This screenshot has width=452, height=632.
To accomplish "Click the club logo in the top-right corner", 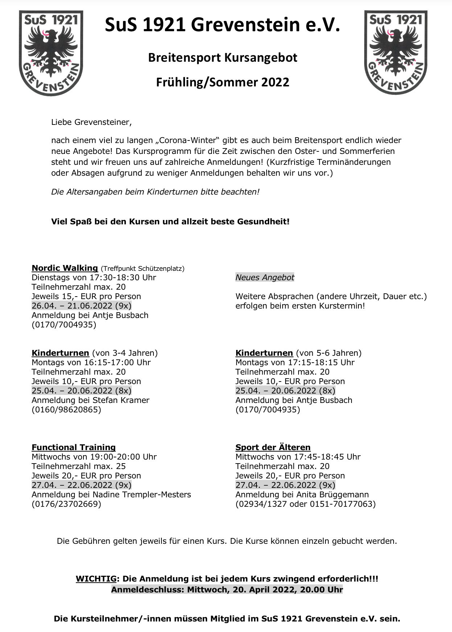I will [x=396, y=53].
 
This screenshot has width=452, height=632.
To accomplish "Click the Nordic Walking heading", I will [x=65, y=268].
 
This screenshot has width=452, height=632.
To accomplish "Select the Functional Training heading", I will [x=74, y=447].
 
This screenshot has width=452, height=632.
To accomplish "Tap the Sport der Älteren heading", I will [x=273, y=447].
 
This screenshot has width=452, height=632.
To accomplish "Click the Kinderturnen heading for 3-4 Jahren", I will [x=60, y=353].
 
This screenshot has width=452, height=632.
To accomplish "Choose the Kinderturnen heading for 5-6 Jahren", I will [x=264, y=353].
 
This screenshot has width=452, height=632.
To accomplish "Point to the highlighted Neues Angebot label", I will [x=265, y=277].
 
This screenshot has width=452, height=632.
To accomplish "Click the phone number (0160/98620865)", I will [x=66, y=409].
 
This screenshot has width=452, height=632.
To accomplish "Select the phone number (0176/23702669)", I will [x=66, y=504].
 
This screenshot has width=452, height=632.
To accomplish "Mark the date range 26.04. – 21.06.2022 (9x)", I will [x=82, y=306].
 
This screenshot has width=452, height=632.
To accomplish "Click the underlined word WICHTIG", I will [x=96, y=579].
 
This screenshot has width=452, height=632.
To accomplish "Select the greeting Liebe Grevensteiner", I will [x=91, y=122].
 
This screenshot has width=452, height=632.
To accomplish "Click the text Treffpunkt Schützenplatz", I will [x=143, y=269].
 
